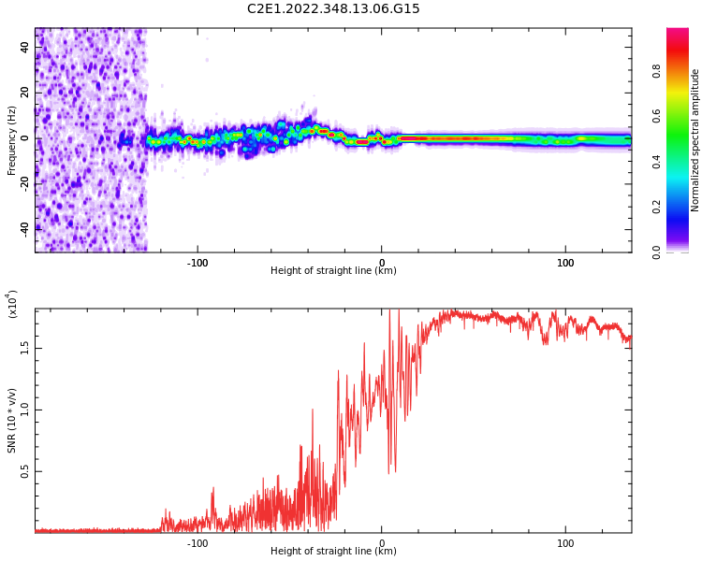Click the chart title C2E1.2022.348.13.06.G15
pos(333,8)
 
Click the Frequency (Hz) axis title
pos(12,140)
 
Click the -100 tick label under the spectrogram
pos(197,263)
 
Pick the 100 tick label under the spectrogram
pos(565,263)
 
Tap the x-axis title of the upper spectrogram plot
pos(333,271)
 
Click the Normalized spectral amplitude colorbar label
pos(695,140)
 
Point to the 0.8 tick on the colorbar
pos(682,70)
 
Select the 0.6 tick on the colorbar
pos(682,116)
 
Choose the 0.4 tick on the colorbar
pos(682,162)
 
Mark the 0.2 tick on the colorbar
pos(682,208)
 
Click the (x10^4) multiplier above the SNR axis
pos(12,304)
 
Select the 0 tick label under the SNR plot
pos(381,543)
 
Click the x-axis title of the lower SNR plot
pos(333,552)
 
